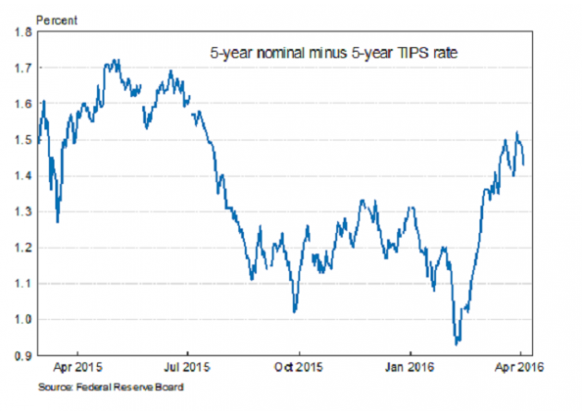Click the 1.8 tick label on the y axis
pos(21,32)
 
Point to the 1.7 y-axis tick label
pos(21,68)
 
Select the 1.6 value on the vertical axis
pos(21,104)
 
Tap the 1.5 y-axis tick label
pos(21,141)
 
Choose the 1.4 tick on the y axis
pos(21,176)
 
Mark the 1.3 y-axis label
pos(21,212)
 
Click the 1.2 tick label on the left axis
pos(21,248)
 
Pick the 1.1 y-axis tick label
pos(21,284)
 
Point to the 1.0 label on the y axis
pos(21,320)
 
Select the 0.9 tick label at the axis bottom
pos(21,355)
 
